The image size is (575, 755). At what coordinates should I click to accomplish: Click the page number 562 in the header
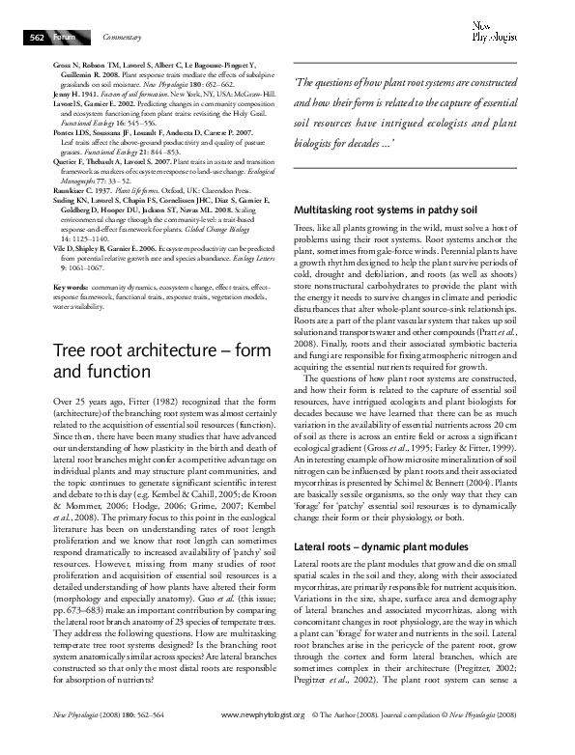(36, 37)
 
